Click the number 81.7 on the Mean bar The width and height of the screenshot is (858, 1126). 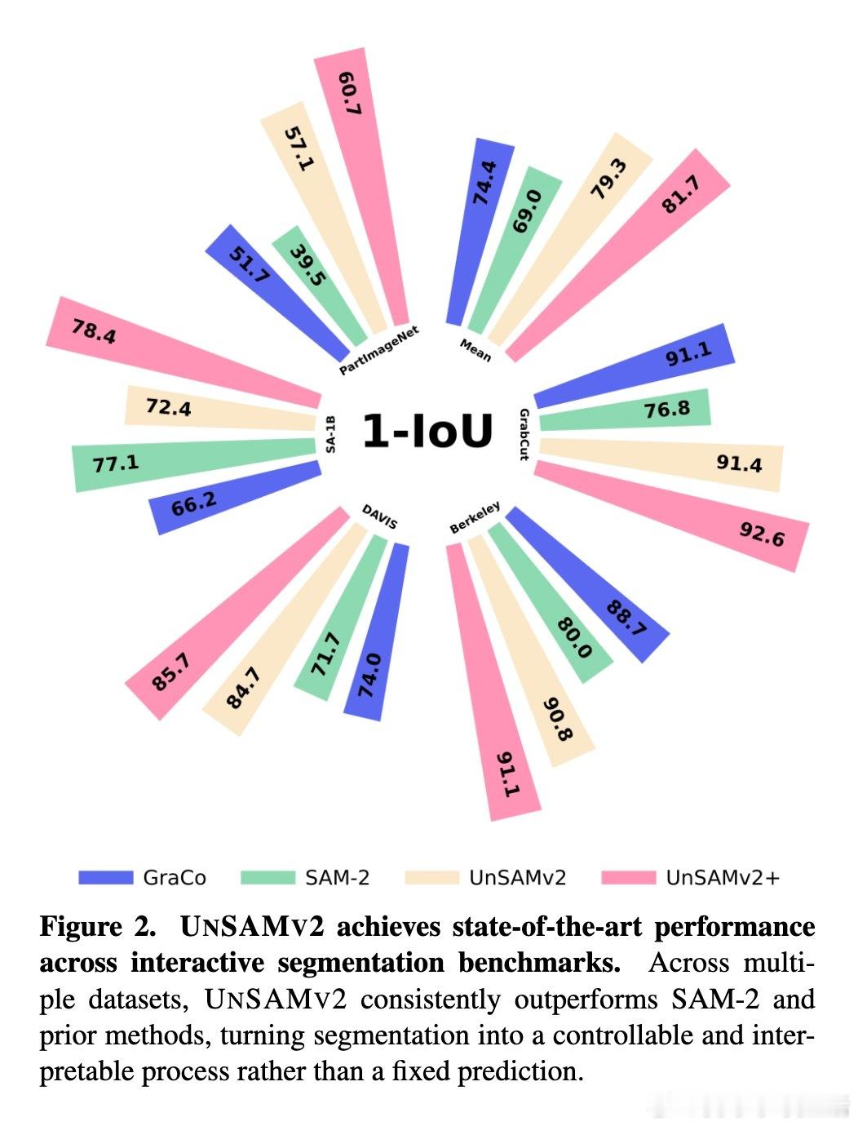click(x=681, y=194)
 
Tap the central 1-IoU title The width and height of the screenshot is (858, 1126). click(x=427, y=431)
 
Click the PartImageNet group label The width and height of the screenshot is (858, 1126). click(x=378, y=351)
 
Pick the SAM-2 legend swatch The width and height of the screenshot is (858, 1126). click(x=268, y=878)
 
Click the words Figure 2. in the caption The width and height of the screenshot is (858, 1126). click(x=97, y=928)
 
